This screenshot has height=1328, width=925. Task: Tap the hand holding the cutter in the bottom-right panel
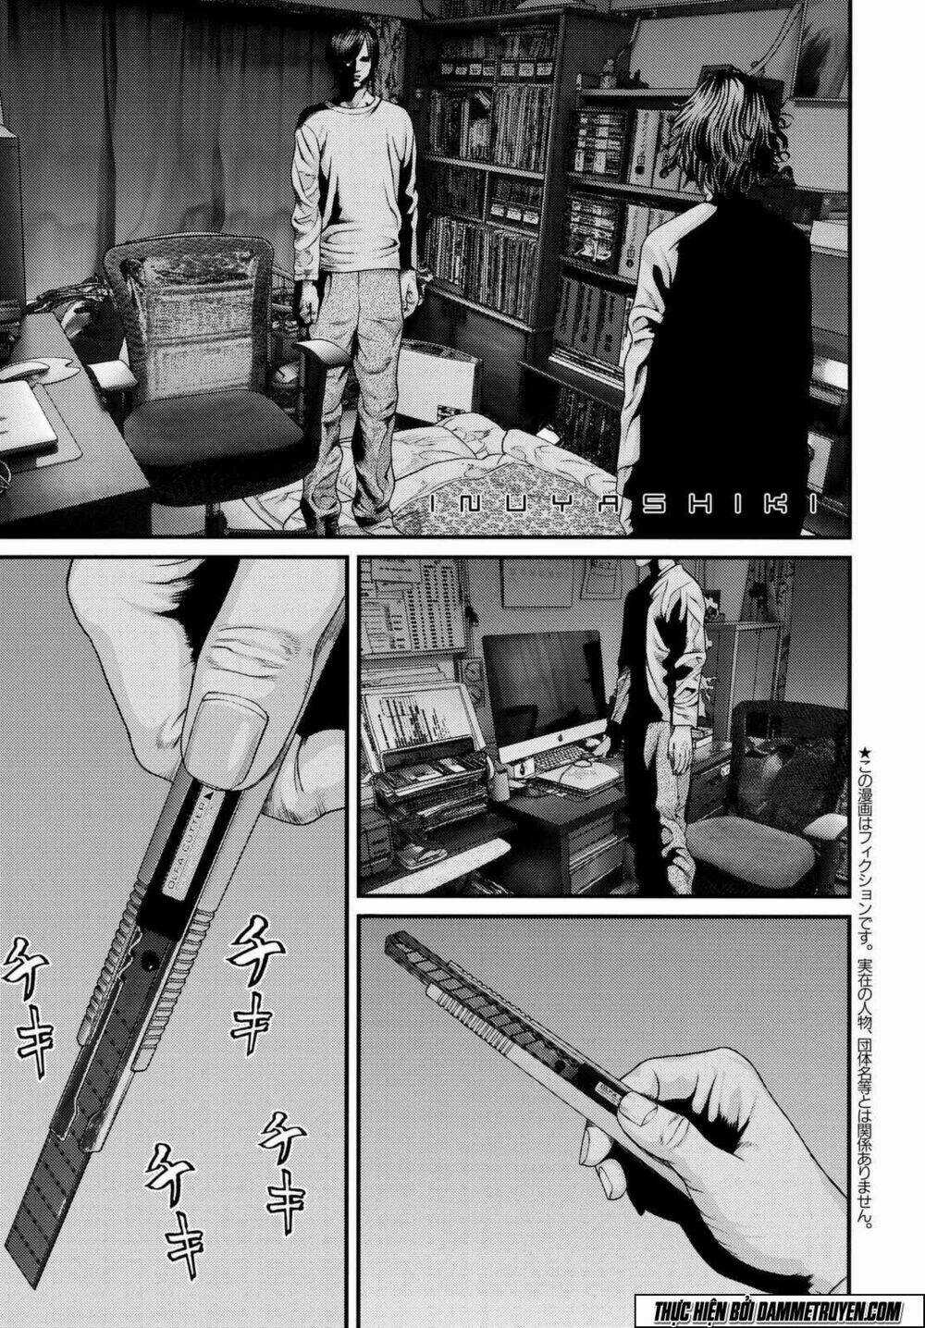click(703, 1128)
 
